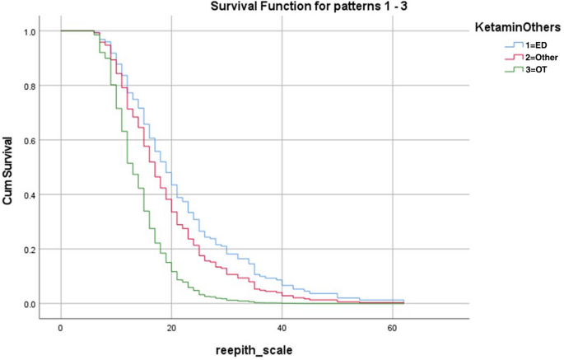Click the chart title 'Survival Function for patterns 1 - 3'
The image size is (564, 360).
(260, 8)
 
